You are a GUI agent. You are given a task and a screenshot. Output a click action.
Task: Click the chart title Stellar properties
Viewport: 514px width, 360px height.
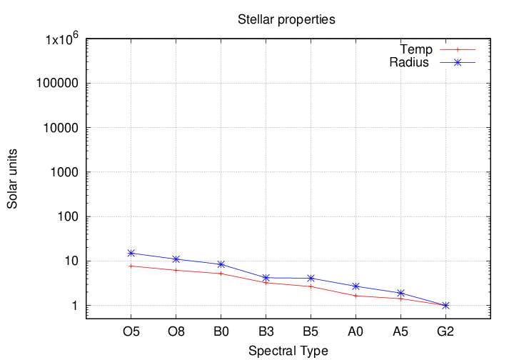tap(286, 19)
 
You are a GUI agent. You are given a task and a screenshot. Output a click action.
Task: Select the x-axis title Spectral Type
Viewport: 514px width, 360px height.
tap(288, 351)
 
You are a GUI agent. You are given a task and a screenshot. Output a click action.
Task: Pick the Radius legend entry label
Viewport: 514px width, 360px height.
tap(409, 62)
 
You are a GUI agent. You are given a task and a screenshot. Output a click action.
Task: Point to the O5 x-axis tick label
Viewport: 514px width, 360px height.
tap(131, 331)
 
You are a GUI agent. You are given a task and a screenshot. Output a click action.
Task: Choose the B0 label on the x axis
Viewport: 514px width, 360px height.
tap(221, 331)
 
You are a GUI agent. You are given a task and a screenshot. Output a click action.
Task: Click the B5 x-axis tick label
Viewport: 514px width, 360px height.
tap(311, 331)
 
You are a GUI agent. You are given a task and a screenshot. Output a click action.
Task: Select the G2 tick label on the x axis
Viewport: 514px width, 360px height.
tap(445, 331)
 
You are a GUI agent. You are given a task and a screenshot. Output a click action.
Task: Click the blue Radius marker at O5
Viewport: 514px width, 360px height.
tap(131, 253)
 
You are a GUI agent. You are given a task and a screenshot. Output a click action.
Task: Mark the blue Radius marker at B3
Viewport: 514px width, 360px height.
tap(266, 277)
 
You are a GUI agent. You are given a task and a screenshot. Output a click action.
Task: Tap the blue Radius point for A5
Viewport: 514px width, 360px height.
tap(400, 293)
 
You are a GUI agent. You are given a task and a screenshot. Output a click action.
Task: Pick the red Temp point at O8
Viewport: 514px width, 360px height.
tap(176, 270)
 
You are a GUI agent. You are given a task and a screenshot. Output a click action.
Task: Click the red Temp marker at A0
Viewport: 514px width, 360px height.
tap(356, 296)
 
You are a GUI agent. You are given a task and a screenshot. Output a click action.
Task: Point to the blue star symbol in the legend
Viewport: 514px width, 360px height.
tap(458, 62)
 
